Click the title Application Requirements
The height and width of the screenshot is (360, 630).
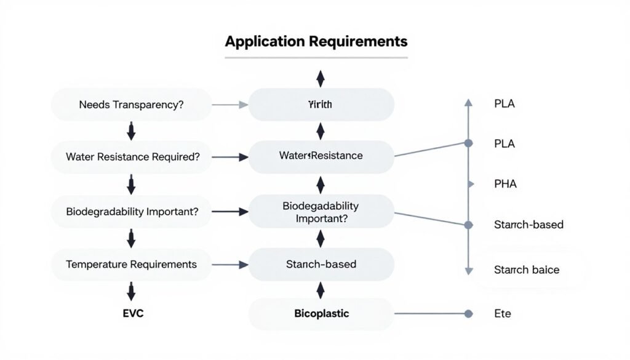point(316,42)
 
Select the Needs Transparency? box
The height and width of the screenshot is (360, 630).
point(131,105)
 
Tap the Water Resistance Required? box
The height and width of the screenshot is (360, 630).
point(131,157)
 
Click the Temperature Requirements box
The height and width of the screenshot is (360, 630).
point(131,264)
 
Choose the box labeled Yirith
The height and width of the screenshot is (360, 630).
point(320,105)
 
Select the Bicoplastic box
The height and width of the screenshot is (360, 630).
point(321,314)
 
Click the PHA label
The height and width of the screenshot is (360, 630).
point(505,183)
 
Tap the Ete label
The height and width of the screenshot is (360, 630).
point(502,314)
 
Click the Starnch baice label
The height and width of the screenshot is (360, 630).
point(526,270)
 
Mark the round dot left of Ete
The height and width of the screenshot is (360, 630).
point(468,314)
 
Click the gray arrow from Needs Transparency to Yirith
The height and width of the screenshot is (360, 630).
point(229,105)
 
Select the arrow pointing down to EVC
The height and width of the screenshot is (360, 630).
point(130,290)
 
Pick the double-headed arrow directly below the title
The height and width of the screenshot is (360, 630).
point(320,78)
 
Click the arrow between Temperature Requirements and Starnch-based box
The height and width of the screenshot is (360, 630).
point(229,265)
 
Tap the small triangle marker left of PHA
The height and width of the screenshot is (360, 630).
point(471,183)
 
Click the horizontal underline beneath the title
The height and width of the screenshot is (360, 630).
point(316,58)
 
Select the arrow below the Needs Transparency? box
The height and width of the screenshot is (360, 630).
point(130,130)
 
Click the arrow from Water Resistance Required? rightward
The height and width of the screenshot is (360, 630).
point(229,158)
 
